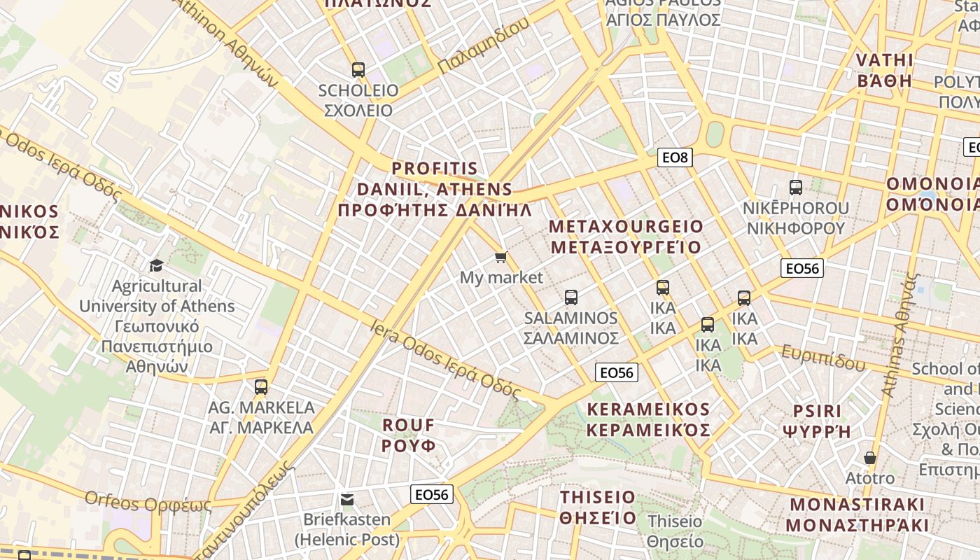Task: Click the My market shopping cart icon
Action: (x=500, y=258)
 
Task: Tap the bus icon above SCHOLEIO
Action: (x=358, y=70)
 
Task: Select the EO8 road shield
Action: (x=675, y=157)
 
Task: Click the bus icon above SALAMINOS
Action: (x=571, y=297)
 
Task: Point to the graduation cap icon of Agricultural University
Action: (x=156, y=265)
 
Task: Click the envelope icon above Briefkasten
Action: (x=347, y=500)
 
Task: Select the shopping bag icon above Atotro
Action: (x=870, y=458)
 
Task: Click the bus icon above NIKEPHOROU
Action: (x=796, y=188)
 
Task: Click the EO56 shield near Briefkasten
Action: (x=432, y=495)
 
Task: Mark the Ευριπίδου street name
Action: (x=823, y=357)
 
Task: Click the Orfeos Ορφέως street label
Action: (x=147, y=502)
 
